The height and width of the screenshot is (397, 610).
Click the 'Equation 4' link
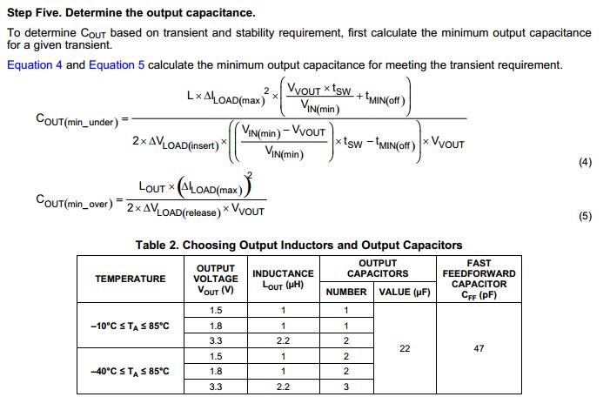pos(34,65)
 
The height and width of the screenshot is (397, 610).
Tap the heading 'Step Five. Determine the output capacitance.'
pos(131,13)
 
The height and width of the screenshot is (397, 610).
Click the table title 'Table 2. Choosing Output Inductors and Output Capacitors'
pos(298,246)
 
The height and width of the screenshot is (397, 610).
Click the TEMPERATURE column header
pos(130,279)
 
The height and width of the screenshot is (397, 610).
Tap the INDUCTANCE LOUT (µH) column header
pos(282,279)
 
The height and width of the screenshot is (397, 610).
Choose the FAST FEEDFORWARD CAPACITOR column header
pos(479,279)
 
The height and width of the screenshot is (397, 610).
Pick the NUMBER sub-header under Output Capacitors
pos(345,292)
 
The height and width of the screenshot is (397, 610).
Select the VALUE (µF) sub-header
pos(405,292)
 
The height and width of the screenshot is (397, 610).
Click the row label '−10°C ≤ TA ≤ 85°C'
pos(130,326)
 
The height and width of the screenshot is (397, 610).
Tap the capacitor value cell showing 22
pos(405,348)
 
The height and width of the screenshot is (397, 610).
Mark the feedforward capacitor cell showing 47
pos(479,348)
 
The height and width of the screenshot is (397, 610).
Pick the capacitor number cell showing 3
pos(345,387)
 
